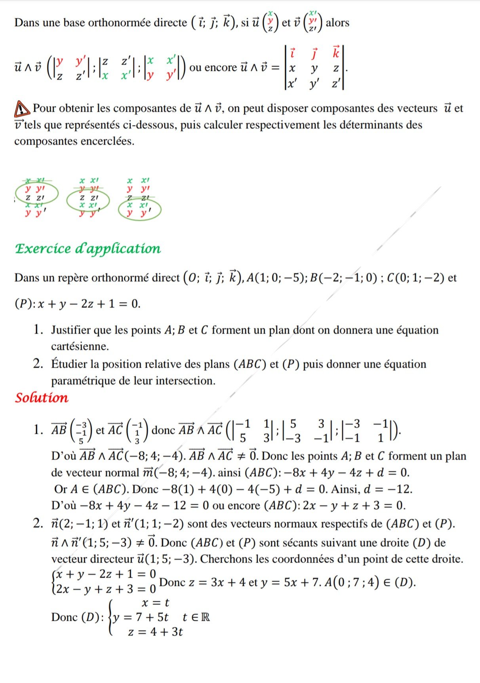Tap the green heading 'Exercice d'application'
(x=88, y=248)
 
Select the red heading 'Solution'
(x=42, y=398)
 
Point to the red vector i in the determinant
(x=292, y=53)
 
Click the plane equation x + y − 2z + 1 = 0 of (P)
(x=89, y=304)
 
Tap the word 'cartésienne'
(x=80, y=346)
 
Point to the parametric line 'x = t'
(x=155, y=603)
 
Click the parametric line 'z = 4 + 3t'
(x=155, y=632)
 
